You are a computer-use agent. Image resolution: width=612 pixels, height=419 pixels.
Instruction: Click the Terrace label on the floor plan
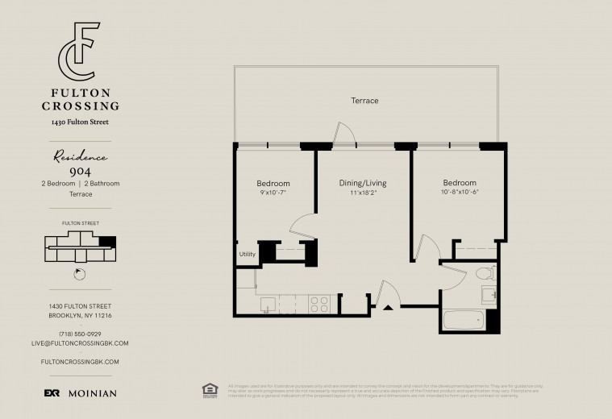tap(364, 101)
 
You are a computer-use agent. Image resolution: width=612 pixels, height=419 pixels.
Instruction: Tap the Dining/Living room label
tap(363, 183)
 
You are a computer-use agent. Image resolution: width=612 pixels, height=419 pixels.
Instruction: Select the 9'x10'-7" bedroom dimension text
tap(273, 193)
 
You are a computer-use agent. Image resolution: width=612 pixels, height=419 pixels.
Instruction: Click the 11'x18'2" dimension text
tap(363, 193)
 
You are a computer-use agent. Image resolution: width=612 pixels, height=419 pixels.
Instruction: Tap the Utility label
tap(247, 255)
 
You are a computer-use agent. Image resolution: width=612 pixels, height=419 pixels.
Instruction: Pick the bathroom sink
tap(489, 295)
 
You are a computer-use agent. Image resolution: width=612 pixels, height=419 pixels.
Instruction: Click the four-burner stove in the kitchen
tap(319, 304)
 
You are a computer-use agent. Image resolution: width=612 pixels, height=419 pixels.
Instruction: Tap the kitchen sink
tap(268, 304)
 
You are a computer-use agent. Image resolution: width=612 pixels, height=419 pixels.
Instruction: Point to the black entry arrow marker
tap(388, 307)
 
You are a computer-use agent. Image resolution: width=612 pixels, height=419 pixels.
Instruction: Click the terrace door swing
tap(343, 134)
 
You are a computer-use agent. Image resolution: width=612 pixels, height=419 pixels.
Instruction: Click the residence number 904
tap(80, 171)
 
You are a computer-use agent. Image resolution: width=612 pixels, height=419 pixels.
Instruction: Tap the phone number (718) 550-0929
tap(80, 334)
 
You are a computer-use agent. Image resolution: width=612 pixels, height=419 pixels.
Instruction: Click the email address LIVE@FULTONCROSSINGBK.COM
tap(80, 343)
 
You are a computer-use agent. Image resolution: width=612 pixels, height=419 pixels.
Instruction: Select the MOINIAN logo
tap(90, 393)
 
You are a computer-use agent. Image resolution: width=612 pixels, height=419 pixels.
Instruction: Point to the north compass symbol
tap(78, 273)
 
